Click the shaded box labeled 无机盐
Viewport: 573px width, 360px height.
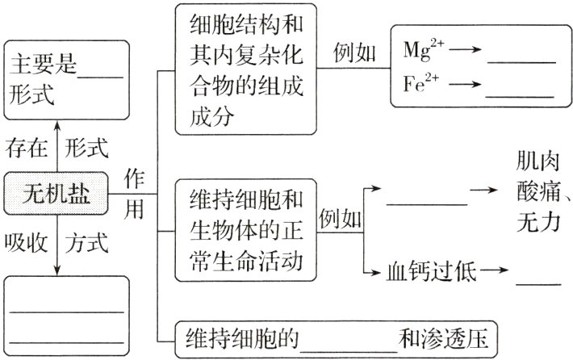point(56,194)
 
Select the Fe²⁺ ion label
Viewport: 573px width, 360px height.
point(422,83)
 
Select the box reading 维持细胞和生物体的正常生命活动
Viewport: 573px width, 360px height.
point(245,231)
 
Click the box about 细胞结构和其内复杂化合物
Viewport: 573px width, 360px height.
point(245,69)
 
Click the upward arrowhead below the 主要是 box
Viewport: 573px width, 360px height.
point(56,125)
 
